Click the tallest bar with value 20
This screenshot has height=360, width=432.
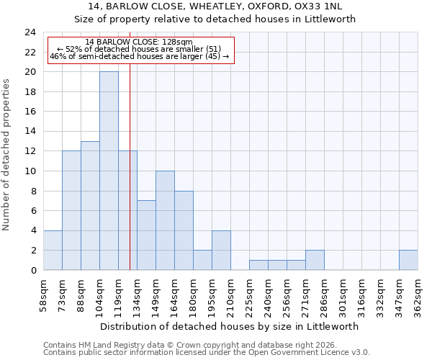tap(109, 171)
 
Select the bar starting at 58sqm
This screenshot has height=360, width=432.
tap(53, 250)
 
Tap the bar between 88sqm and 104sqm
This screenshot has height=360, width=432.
tap(90, 205)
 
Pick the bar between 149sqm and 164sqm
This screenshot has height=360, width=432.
tap(165, 220)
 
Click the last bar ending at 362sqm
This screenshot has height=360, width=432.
tap(408, 260)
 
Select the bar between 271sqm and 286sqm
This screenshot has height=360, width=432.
tap(315, 260)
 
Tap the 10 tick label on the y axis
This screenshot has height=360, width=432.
tap(30, 171)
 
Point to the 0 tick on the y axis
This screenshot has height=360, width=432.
tap(33, 270)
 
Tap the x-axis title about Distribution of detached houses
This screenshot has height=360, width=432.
tap(230, 326)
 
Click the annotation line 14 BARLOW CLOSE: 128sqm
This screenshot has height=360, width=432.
tap(139, 42)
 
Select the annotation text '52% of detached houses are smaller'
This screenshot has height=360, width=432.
tap(144, 49)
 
